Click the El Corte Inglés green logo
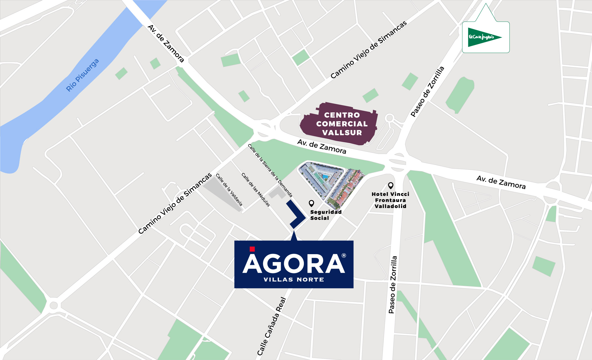click(x=484, y=37)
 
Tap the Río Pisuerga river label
click(x=82, y=75)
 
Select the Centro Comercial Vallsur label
click(x=342, y=124)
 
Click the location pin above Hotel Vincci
click(x=391, y=185)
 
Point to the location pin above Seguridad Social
click(x=311, y=203)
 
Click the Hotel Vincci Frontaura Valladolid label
click(x=391, y=200)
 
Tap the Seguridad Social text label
click(x=326, y=215)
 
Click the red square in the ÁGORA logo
click(x=252, y=249)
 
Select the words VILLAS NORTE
click(x=294, y=279)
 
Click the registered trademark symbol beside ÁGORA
click(x=344, y=256)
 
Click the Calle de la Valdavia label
click(x=229, y=190)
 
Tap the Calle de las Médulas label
click(x=256, y=190)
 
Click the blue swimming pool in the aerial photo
click(x=325, y=177)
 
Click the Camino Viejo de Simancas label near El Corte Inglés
click(x=369, y=50)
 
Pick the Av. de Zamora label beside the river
click(x=166, y=43)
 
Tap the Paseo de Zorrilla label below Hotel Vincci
click(x=393, y=285)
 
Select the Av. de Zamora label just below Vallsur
click(x=322, y=147)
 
